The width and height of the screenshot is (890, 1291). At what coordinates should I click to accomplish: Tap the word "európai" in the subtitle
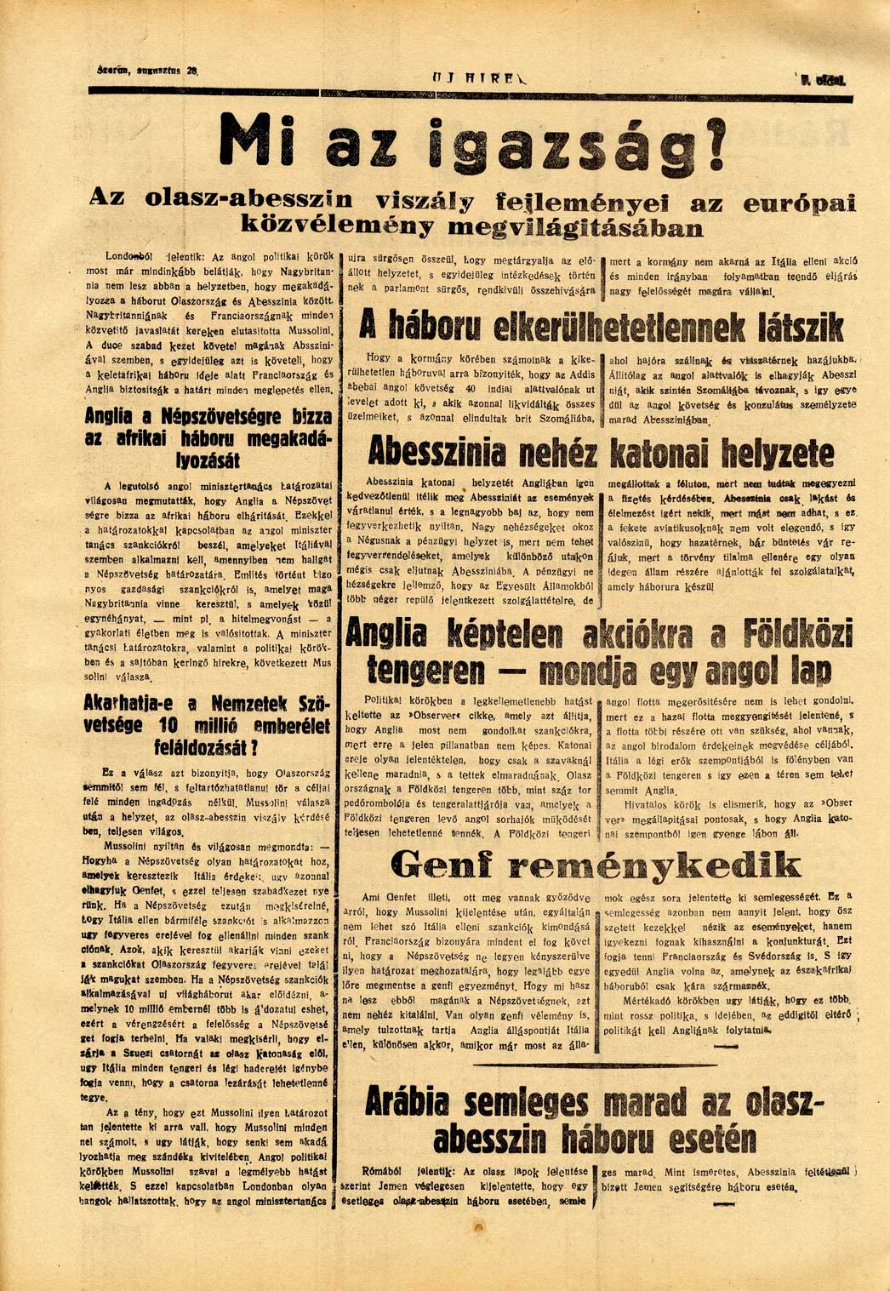pos(799,205)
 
